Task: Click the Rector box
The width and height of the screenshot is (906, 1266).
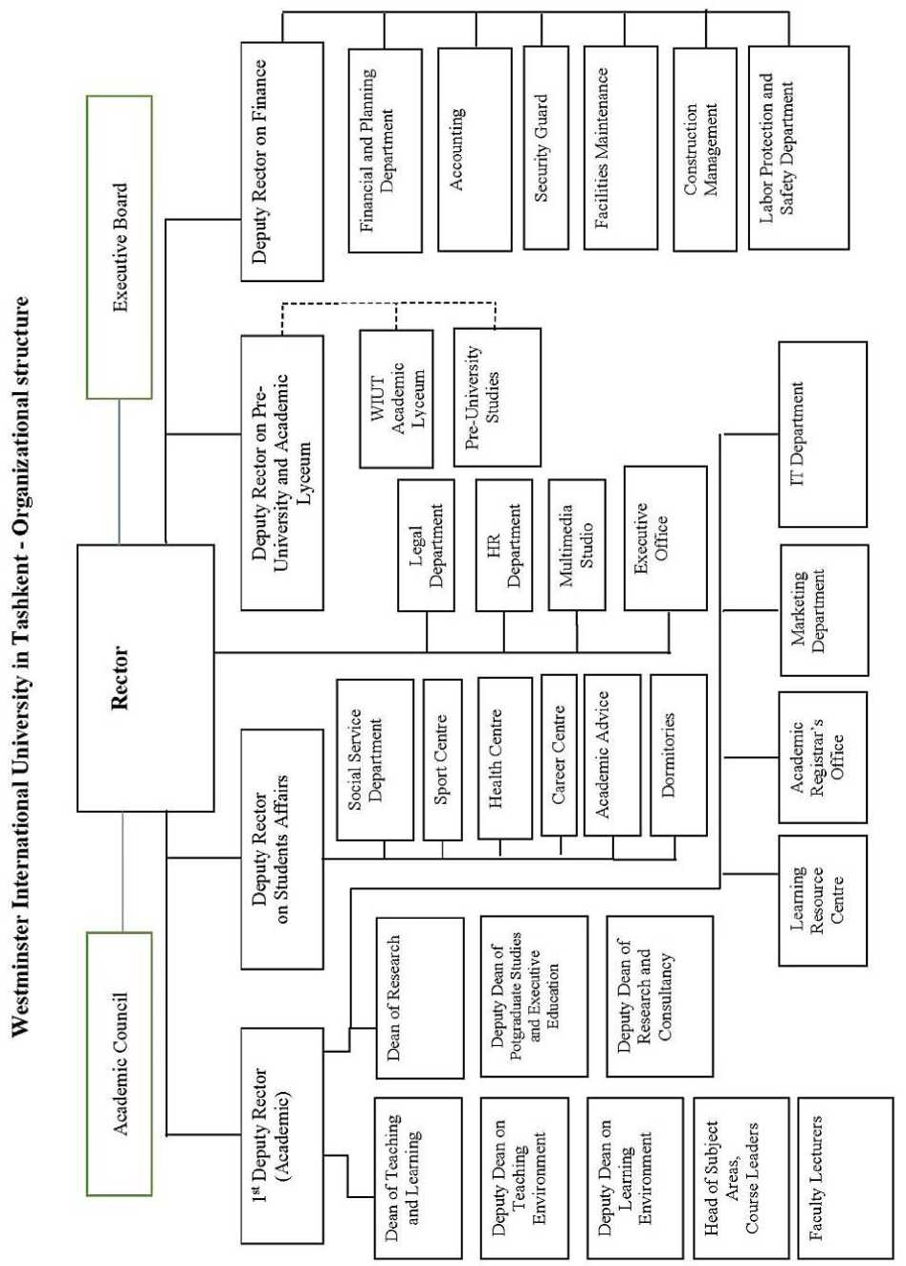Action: pyautogui.click(x=144, y=678)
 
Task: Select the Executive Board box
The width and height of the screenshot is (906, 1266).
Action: pyautogui.click(x=119, y=247)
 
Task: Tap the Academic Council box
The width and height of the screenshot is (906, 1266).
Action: pyautogui.click(x=119, y=1063)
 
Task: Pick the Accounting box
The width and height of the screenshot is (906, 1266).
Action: pyautogui.click(x=474, y=149)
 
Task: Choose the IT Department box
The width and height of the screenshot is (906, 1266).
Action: pyautogui.click(x=822, y=434)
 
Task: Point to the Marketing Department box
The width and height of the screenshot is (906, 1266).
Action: pyautogui.click(x=824, y=610)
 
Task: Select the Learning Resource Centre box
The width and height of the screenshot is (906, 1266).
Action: pyautogui.click(x=822, y=900)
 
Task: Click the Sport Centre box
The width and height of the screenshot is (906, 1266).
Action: pyautogui.click(x=442, y=759)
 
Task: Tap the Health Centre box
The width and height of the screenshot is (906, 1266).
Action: pyautogui.click(x=504, y=758)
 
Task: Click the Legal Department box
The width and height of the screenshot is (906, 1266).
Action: pyautogui.click(x=426, y=546)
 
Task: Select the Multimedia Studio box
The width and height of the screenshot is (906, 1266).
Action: pyautogui.click(x=576, y=544)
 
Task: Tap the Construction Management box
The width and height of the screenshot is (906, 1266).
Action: pyautogui.click(x=703, y=149)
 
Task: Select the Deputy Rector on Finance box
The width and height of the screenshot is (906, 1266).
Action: pyautogui.click(x=281, y=162)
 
